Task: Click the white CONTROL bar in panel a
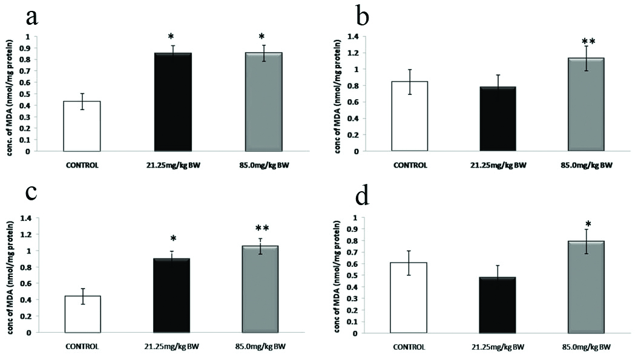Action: tap(82, 126)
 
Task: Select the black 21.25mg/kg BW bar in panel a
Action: tap(173, 102)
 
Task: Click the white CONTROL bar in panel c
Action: tap(82, 314)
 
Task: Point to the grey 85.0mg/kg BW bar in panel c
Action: tap(263, 289)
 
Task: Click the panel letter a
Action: tap(31, 17)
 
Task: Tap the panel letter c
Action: tap(31, 194)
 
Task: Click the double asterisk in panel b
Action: tap(588, 42)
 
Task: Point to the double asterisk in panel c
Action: tap(262, 229)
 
